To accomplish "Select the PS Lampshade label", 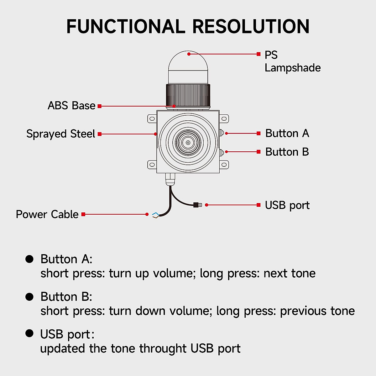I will (x=292, y=61).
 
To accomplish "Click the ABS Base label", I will (x=71, y=106).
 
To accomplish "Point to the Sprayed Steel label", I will (x=60, y=134).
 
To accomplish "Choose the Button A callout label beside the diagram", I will (x=287, y=133).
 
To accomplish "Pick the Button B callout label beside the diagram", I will (x=287, y=152).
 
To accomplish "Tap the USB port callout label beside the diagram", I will (x=287, y=205).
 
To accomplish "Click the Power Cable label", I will (x=47, y=215).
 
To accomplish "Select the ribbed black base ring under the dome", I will (x=188, y=96).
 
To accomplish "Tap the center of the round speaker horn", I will (x=188, y=142).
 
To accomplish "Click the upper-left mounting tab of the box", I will (x=152, y=119).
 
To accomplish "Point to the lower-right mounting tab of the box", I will (x=224, y=164).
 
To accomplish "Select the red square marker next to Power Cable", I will (x=83, y=214).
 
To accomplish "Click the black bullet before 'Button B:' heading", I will (x=29, y=297).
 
